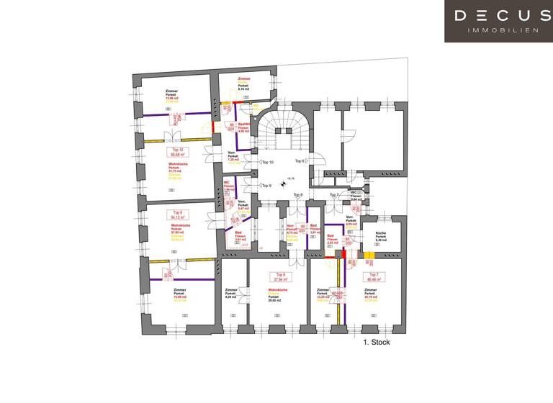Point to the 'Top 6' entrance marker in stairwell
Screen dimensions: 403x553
tap(300, 161)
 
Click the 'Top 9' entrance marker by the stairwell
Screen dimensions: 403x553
tap(266, 186)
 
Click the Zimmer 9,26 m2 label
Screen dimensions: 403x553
tap(230, 293)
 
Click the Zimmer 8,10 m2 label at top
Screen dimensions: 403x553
tap(243, 83)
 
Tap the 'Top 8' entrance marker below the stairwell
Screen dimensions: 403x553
tap(297, 195)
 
